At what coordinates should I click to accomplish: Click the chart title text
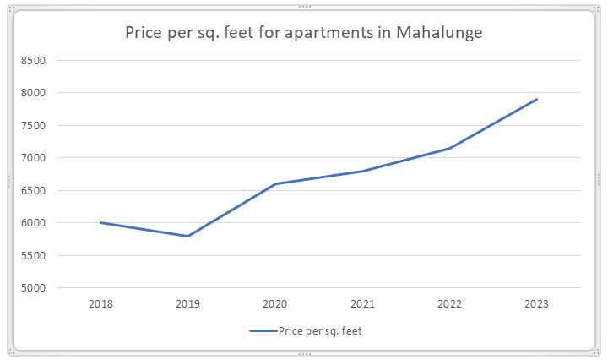tap(303, 33)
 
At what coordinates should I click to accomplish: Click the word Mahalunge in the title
tap(439, 33)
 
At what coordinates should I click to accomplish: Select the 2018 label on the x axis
tap(100, 303)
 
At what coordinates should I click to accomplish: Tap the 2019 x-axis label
tap(187, 303)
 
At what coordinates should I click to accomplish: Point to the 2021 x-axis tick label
tap(362, 303)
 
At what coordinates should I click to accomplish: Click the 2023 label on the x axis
tap(537, 303)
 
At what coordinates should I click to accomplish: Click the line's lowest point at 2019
tap(187, 236)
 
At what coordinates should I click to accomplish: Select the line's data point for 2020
tap(275, 183)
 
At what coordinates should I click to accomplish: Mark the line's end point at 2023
tap(537, 99)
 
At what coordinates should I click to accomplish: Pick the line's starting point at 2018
tap(100, 222)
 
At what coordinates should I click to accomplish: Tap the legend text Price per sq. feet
tap(320, 331)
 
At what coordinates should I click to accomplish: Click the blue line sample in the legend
tap(263, 331)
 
